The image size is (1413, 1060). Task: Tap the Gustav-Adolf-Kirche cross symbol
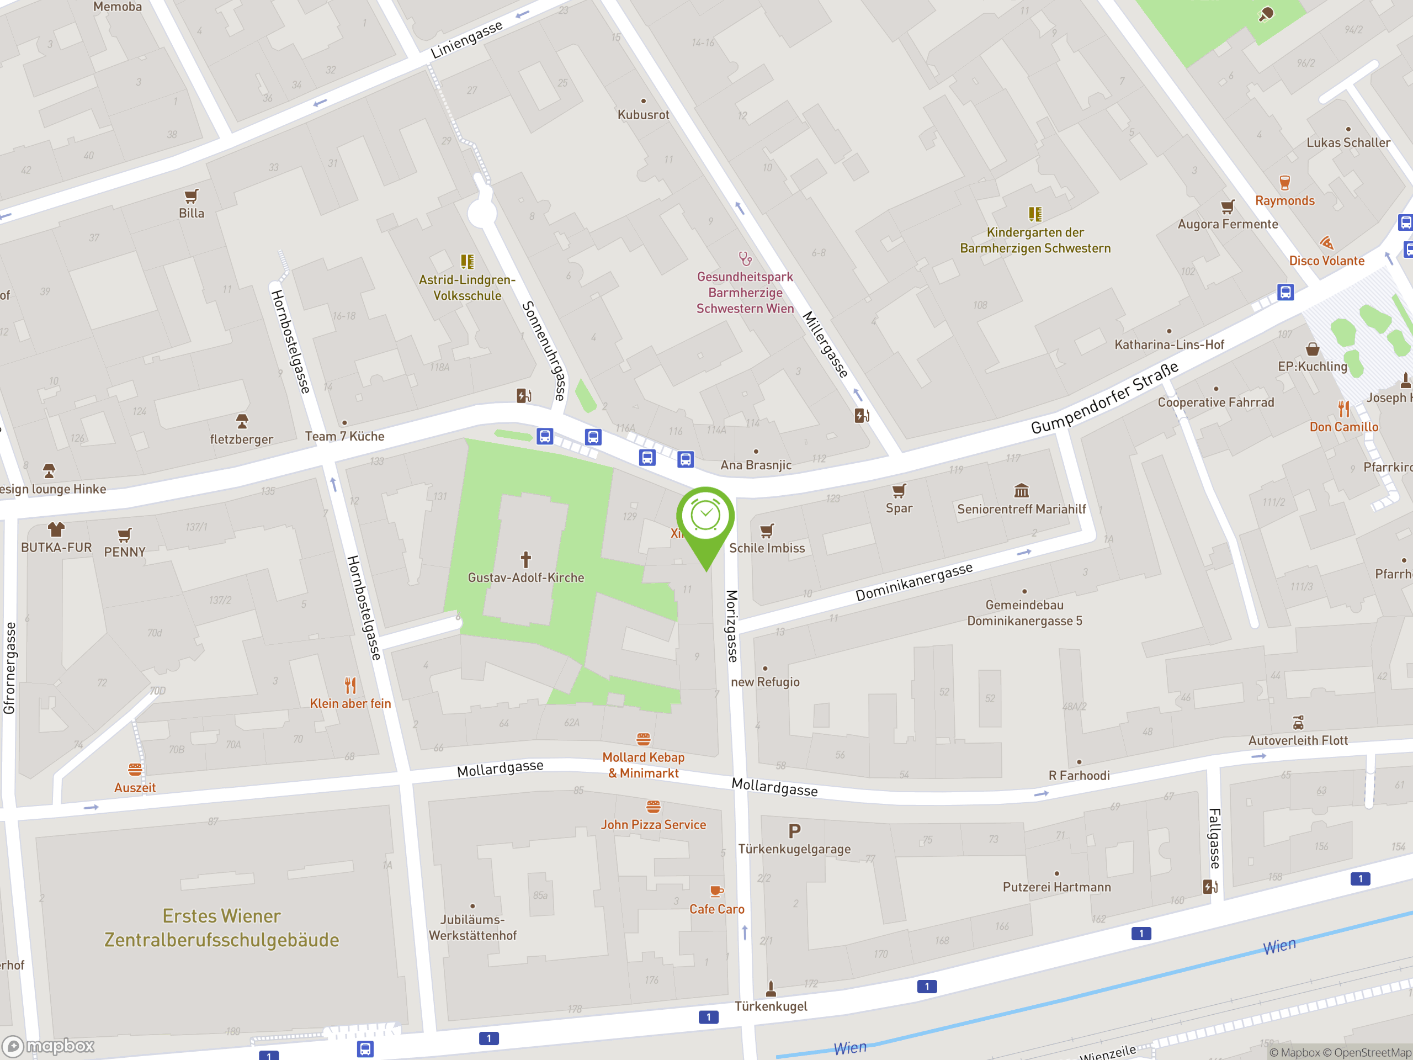(525, 560)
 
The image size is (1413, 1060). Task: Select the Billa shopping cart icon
(191, 195)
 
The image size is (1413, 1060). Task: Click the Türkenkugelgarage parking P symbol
(794, 831)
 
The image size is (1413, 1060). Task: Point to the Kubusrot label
(643, 115)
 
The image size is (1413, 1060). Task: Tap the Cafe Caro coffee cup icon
(716, 891)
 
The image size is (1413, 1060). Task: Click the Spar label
(899, 508)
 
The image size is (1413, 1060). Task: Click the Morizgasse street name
(732, 626)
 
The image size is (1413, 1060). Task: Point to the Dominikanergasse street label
(913, 582)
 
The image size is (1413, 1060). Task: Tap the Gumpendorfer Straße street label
(1104, 399)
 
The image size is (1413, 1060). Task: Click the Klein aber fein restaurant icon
(350, 686)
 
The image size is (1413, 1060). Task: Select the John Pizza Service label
(653, 825)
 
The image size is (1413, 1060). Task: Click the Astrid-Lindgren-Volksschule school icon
(467, 261)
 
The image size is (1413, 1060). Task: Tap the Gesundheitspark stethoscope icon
(745, 259)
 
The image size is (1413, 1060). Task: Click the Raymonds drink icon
(1284, 183)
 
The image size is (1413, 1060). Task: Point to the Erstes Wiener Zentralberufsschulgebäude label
(222, 928)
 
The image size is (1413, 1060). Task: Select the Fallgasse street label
(1214, 838)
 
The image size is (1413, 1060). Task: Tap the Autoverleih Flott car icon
(1298, 723)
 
